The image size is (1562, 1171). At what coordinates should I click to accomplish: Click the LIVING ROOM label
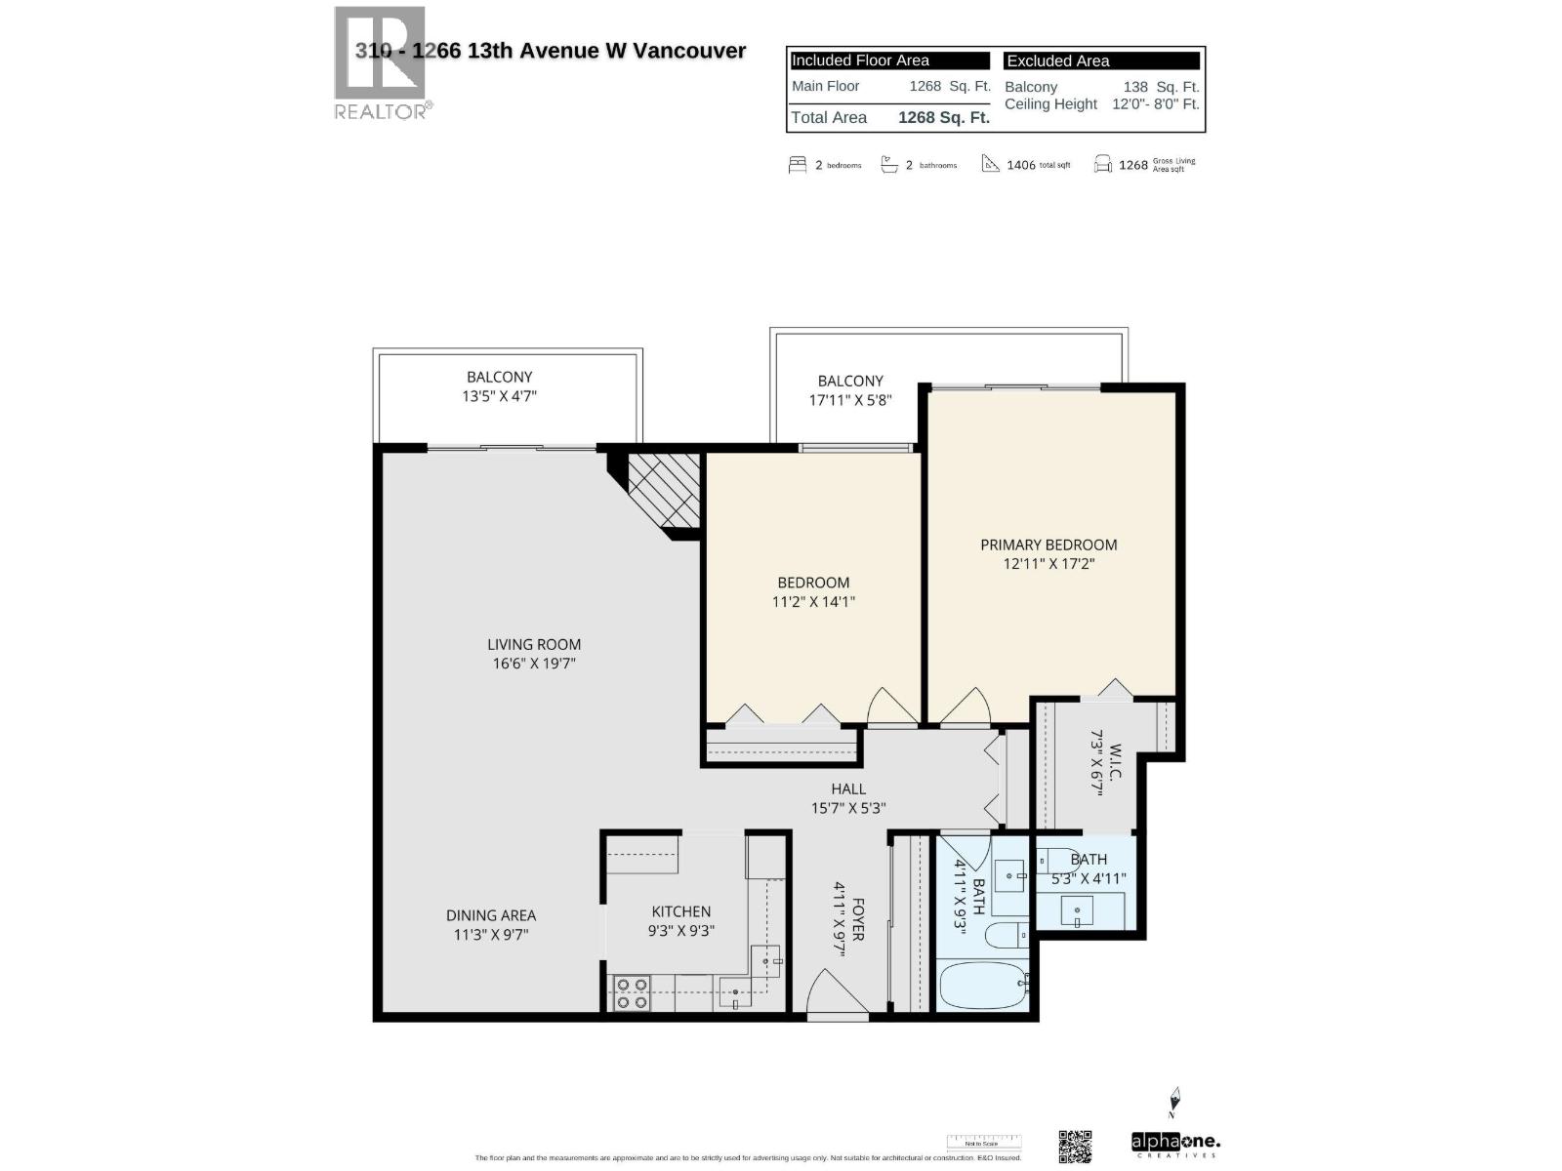[534, 644]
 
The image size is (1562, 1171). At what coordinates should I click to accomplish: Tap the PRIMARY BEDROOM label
[1048, 545]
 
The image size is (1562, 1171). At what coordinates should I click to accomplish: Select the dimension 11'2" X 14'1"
[813, 602]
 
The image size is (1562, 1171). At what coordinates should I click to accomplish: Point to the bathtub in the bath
[982, 987]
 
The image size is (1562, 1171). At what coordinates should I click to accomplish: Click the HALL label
[848, 788]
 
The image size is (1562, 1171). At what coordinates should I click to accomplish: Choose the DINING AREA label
[491, 915]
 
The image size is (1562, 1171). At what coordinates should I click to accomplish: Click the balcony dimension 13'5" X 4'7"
[500, 396]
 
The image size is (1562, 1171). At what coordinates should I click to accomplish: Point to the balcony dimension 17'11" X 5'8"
[850, 400]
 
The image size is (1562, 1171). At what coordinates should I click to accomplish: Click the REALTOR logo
[381, 63]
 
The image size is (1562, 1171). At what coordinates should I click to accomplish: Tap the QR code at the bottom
[1075, 1147]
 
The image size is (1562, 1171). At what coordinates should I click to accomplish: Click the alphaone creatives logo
[1175, 1144]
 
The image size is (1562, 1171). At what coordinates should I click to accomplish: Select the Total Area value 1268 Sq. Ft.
[943, 118]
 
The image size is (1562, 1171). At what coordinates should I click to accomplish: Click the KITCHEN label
[681, 911]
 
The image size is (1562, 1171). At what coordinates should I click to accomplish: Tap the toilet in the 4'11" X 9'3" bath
[1007, 936]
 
